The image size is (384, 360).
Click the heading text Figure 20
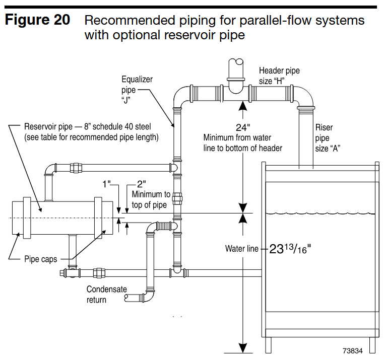tap(38, 21)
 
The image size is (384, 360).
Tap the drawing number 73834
tap(353, 350)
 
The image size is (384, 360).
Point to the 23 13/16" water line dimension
tap(290, 249)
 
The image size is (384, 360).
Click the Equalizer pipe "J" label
tap(137, 89)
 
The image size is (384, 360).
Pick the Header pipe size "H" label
tap(279, 75)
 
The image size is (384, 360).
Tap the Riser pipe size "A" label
tap(325, 138)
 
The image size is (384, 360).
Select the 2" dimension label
tap(143, 184)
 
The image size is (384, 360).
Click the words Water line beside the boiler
tap(241, 249)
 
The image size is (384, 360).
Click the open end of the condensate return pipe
tap(126, 299)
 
